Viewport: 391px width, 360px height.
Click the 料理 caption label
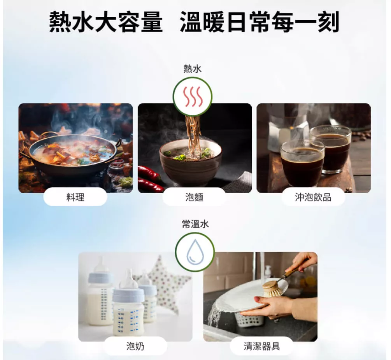(x=75, y=197)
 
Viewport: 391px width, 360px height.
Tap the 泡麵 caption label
(x=194, y=197)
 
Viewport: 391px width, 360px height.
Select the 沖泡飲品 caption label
(x=313, y=197)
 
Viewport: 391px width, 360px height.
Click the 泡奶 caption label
(x=135, y=346)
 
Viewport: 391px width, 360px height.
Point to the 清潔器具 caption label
(x=262, y=346)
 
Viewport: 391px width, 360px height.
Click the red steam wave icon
(x=193, y=96)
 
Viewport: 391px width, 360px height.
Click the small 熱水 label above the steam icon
(x=193, y=69)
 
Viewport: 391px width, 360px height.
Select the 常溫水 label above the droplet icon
(x=195, y=224)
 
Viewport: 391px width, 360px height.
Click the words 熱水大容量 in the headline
(x=106, y=22)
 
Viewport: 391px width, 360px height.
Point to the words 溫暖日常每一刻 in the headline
(x=259, y=22)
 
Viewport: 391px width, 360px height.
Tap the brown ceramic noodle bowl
(x=191, y=163)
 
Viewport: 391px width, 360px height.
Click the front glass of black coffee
(x=302, y=163)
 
